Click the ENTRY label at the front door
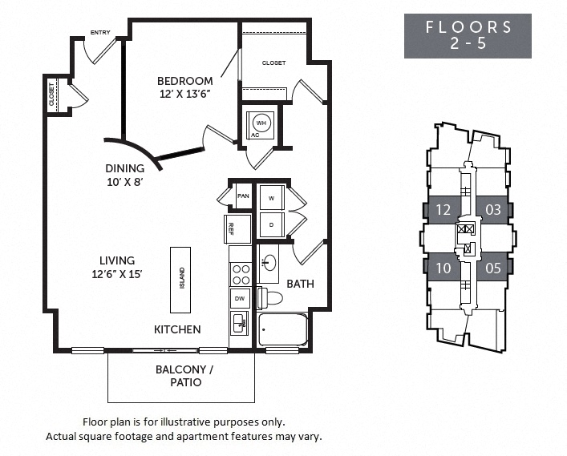[x=100, y=34]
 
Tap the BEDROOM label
[x=184, y=81]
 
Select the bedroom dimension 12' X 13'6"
[x=184, y=94]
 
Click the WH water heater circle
[x=261, y=123]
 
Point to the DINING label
[x=125, y=168]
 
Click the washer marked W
[x=271, y=197]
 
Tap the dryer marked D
[x=271, y=225]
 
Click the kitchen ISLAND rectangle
[x=181, y=278]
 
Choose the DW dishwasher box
[x=239, y=298]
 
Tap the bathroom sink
[x=269, y=263]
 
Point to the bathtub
[x=283, y=329]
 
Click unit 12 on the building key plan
[x=443, y=210]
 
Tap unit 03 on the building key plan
[x=492, y=210]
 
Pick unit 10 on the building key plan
[x=443, y=268]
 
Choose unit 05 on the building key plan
[x=492, y=268]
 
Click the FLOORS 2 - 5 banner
[x=468, y=35]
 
